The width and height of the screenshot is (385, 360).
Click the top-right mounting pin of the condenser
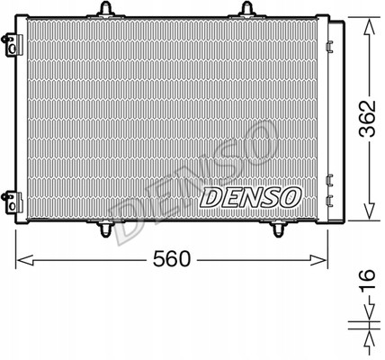tap(246, 10)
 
